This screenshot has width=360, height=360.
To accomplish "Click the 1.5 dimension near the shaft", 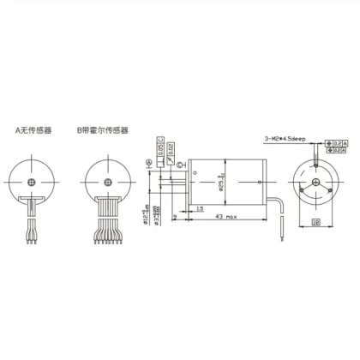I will [199, 207].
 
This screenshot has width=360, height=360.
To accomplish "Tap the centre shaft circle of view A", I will [32, 182].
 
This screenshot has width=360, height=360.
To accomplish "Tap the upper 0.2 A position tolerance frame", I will [339, 142].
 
